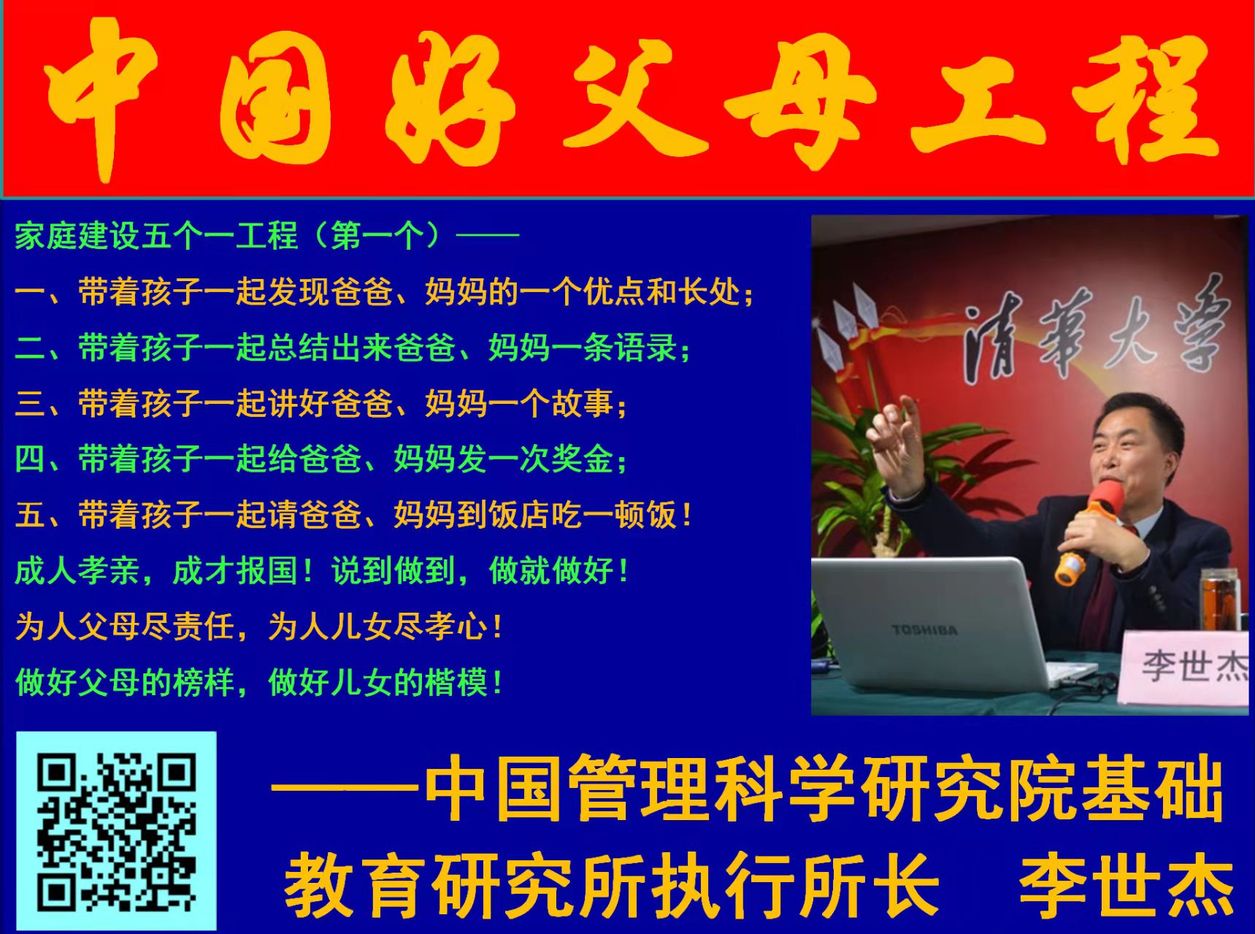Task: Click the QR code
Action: pos(116,831)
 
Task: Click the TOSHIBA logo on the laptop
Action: pos(924,629)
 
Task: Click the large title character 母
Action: pos(799,98)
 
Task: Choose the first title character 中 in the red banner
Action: pos(102,98)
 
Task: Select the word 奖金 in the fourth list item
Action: pos(583,459)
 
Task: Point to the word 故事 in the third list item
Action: pos(583,404)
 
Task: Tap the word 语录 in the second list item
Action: pos(647,348)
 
